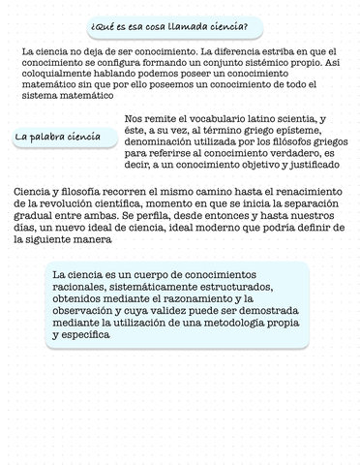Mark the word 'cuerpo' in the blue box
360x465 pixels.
(149, 275)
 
